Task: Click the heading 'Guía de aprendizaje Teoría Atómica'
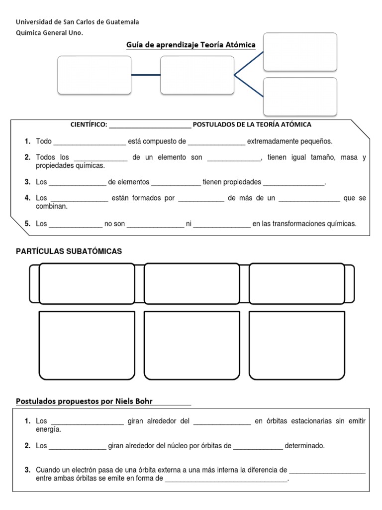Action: (x=191, y=45)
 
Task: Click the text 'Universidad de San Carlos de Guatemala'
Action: (x=78, y=22)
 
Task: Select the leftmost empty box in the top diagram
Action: (x=95, y=75)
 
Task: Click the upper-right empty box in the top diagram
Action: (x=300, y=52)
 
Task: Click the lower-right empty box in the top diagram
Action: (x=300, y=96)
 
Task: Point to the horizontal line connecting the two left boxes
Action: (x=146, y=75)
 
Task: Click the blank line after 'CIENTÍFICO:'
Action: (x=150, y=125)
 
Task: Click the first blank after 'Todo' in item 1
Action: (x=90, y=142)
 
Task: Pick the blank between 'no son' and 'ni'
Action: (x=155, y=224)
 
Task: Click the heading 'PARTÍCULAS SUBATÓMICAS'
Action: (x=69, y=252)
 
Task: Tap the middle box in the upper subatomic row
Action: (x=191, y=283)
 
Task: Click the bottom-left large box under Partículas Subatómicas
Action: (x=87, y=345)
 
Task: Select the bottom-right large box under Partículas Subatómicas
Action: (x=297, y=345)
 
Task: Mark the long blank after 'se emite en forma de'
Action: (x=226, y=479)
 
